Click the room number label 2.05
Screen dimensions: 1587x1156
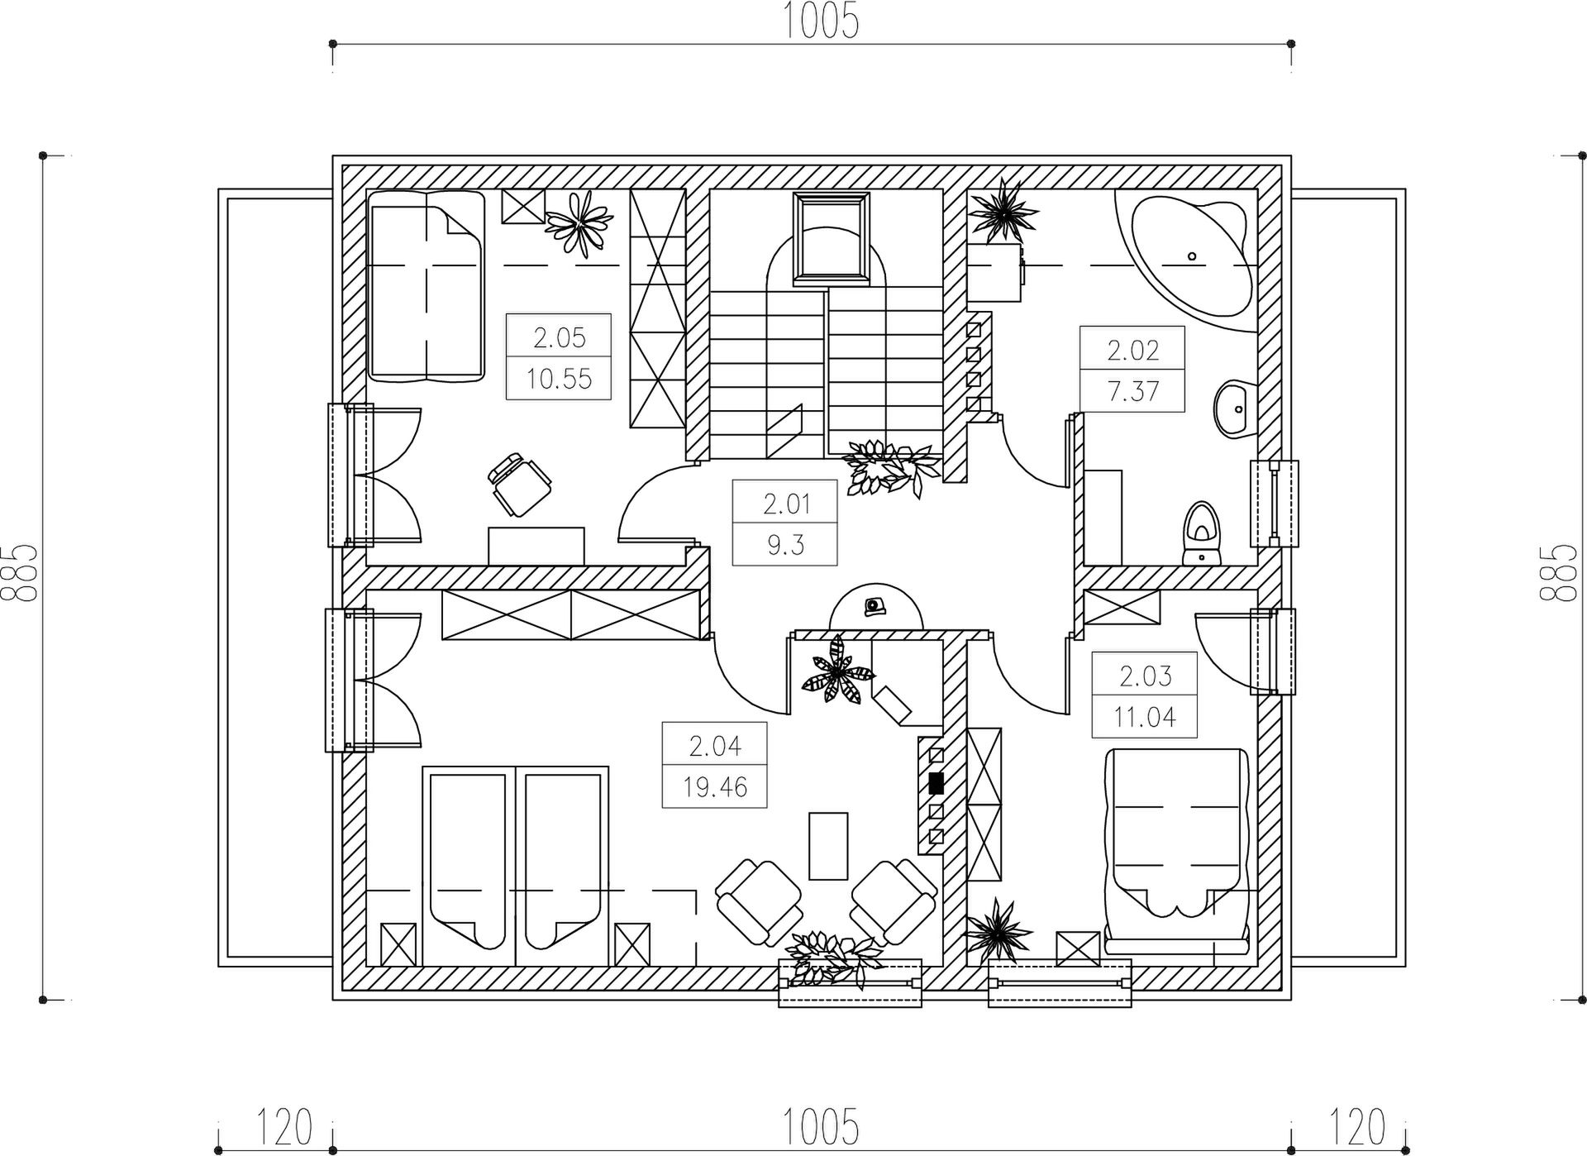click(560, 337)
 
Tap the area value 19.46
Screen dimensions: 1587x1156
click(715, 787)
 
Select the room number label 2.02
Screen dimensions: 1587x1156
click(1133, 351)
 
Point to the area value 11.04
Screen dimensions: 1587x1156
click(1145, 717)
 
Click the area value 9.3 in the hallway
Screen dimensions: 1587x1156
click(785, 545)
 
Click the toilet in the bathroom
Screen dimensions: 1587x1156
click(1200, 533)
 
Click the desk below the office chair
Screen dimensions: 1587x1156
click(536, 547)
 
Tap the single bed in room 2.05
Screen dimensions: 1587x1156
click(426, 286)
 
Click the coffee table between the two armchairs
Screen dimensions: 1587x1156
click(828, 846)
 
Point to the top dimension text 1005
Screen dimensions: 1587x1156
click(821, 22)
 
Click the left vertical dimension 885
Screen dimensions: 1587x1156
click(20, 572)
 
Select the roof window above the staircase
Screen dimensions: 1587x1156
click(831, 240)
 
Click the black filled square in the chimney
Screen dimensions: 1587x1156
click(936, 782)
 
